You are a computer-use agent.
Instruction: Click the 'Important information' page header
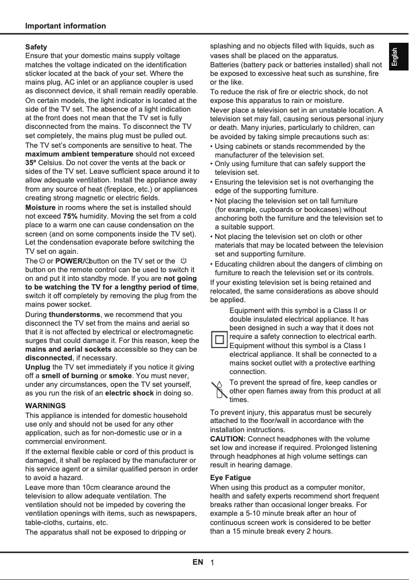click(x=66, y=26)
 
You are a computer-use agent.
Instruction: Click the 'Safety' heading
click(x=36, y=47)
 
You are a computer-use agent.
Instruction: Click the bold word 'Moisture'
click(x=40, y=207)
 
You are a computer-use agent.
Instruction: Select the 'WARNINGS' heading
click(x=45, y=406)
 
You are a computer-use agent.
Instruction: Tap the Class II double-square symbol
click(x=219, y=340)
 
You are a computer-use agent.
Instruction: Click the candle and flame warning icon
click(x=219, y=390)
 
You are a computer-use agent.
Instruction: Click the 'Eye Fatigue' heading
click(x=231, y=478)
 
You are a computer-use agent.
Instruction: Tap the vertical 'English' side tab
click(x=398, y=57)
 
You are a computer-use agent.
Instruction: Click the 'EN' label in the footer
click(x=198, y=562)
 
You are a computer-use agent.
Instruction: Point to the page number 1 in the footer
click(x=212, y=563)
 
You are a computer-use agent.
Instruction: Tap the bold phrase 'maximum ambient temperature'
click(x=79, y=153)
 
